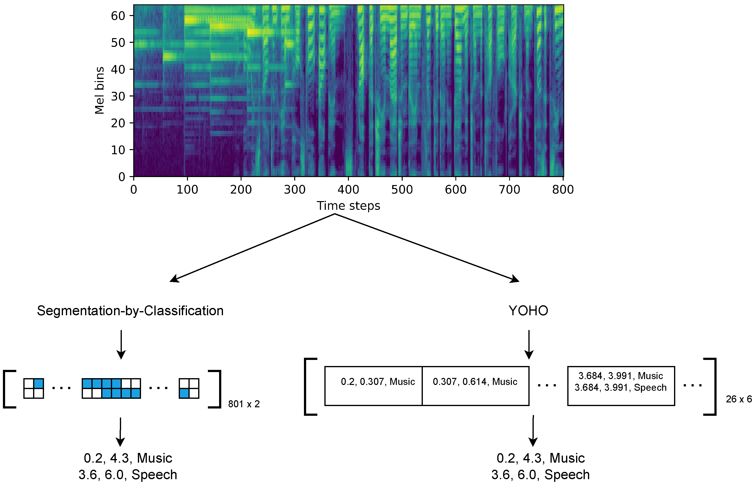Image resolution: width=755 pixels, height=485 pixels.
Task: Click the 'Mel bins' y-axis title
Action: (x=99, y=90)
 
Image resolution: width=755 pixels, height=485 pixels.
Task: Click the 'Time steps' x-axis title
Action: (x=348, y=206)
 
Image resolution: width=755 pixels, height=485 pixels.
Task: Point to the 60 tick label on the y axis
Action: (x=118, y=16)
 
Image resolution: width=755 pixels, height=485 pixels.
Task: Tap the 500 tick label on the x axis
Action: (x=402, y=190)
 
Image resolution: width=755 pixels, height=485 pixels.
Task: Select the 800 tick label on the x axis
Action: (x=563, y=190)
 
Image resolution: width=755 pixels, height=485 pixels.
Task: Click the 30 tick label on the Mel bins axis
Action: (x=118, y=96)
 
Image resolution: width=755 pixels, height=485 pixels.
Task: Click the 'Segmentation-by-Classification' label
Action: (x=130, y=311)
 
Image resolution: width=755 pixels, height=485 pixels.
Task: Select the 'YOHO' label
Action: (x=528, y=311)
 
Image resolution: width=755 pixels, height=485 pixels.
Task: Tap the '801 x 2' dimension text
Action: (x=244, y=404)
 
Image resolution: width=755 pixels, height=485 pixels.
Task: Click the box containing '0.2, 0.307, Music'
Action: (x=373, y=386)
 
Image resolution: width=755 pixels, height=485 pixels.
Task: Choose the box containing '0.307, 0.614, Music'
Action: (x=475, y=386)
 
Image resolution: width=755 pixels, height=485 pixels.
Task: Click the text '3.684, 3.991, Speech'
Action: (x=620, y=387)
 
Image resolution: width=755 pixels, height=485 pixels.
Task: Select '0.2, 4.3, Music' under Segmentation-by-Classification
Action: (x=128, y=458)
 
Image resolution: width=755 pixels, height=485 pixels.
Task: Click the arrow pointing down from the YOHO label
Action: (x=529, y=345)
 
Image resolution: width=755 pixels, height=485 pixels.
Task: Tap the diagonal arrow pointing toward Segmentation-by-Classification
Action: (x=252, y=247)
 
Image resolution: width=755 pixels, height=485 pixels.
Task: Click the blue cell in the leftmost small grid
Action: (x=38, y=383)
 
